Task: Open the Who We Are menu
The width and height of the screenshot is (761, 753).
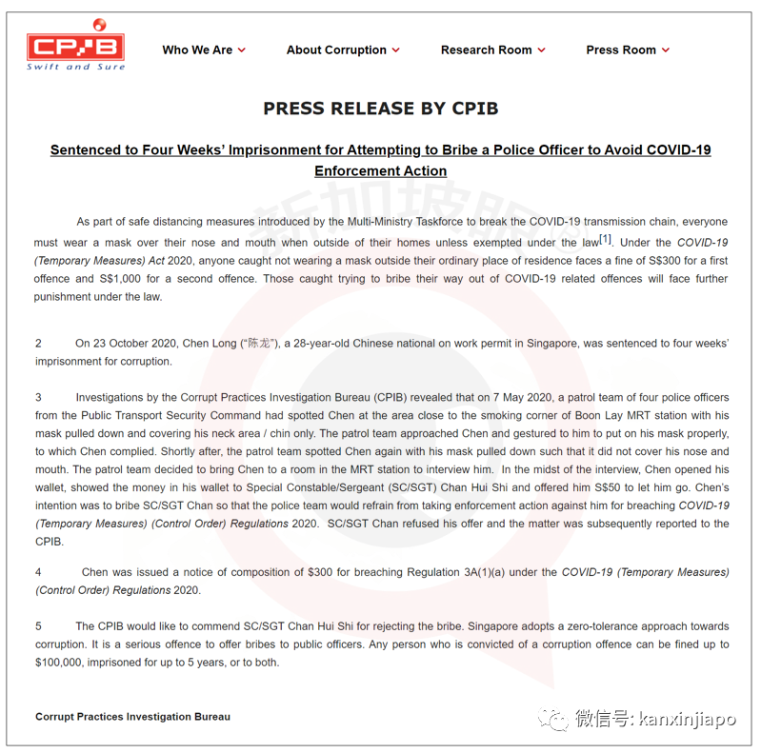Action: pyautogui.click(x=197, y=50)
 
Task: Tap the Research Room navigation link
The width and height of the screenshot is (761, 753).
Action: pyautogui.click(x=486, y=50)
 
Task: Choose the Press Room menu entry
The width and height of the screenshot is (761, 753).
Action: pyautogui.click(x=621, y=50)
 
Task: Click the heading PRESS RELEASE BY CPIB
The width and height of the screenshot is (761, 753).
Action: pyautogui.click(x=380, y=109)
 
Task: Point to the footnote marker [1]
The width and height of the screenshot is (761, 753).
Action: pyautogui.click(x=606, y=239)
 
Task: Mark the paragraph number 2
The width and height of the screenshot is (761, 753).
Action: pyautogui.click(x=39, y=343)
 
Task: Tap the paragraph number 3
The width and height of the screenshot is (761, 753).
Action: pyautogui.click(x=39, y=397)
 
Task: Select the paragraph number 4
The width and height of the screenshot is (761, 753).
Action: pyautogui.click(x=39, y=572)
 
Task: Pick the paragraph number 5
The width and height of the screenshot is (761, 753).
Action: pyautogui.click(x=39, y=626)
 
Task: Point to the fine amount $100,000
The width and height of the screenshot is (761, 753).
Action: pyautogui.click(x=63, y=663)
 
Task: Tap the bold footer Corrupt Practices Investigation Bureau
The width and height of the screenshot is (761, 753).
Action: pyautogui.click(x=132, y=717)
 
